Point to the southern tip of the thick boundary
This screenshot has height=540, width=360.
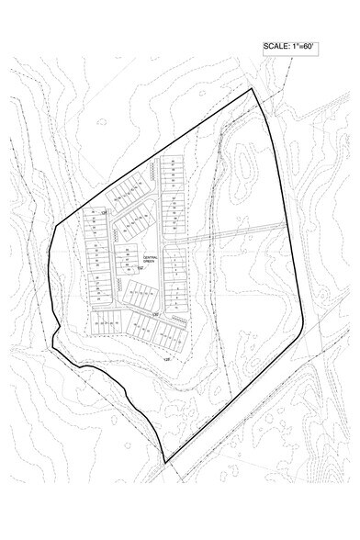pyautogui.click(x=165, y=461)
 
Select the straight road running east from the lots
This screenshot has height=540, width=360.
pyautogui.click(x=230, y=231)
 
